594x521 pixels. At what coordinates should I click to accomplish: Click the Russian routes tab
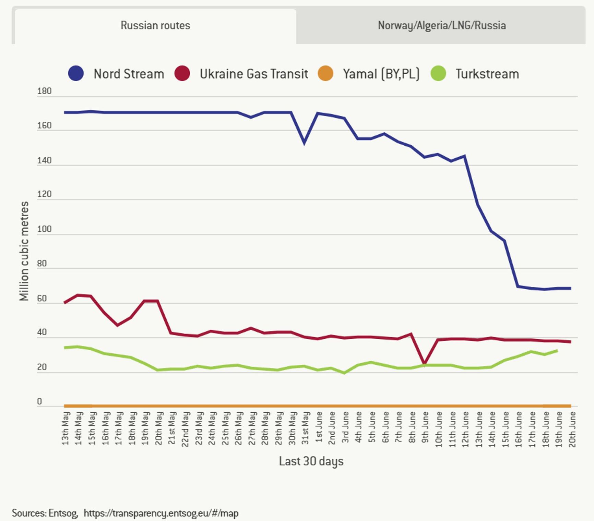tap(155, 26)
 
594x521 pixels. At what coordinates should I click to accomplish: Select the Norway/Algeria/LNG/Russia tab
tap(441, 26)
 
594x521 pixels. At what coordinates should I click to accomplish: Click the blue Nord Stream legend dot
tap(76, 73)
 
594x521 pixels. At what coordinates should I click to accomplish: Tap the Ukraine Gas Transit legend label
tap(254, 74)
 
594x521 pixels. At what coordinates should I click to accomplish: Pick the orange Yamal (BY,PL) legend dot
tap(325, 73)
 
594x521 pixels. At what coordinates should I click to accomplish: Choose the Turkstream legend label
tap(487, 74)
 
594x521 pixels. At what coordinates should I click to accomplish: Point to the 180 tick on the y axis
tap(44, 91)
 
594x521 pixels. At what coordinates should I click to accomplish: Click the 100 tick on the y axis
tap(44, 229)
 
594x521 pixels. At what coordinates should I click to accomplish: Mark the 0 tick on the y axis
tap(39, 401)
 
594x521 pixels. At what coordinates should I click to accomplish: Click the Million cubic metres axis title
tap(24, 251)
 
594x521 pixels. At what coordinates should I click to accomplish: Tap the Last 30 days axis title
tap(311, 461)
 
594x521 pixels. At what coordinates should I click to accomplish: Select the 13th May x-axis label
tap(66, 428)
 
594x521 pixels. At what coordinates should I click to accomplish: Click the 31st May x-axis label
tap(305, 428)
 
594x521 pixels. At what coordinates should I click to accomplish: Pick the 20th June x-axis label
tap(572, 429)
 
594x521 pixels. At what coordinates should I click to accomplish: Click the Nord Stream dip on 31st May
tap(305, 143)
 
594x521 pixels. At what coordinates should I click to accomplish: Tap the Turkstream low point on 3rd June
tap(344, 373)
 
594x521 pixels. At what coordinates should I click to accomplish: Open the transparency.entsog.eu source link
tap(161, 513)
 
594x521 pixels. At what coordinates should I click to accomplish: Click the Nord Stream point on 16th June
tap(518, 286)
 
